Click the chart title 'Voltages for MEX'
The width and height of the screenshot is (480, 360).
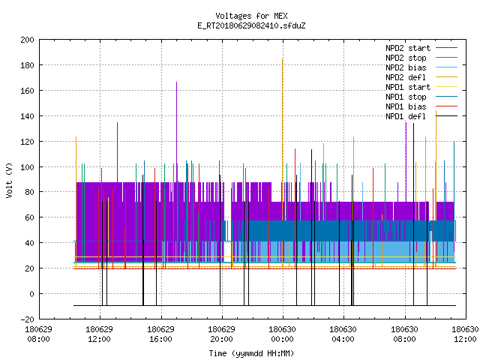point(251,16)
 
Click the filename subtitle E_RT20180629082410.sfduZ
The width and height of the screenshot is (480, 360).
point(251,25)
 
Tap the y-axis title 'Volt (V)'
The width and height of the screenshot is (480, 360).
point(9,180)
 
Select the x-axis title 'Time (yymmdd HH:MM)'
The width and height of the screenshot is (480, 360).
point(251,353)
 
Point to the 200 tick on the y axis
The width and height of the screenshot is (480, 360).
point(27,40)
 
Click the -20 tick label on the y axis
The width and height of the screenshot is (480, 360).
point(27,319)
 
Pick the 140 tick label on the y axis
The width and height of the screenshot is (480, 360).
point(27,116)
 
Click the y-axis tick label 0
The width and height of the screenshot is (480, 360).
point(31,294)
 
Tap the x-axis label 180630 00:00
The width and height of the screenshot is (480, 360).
point(282,334)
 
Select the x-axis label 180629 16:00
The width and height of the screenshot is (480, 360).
point(160,334)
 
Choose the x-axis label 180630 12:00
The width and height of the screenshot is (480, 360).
point(465,334)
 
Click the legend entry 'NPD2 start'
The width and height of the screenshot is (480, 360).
point(421,48)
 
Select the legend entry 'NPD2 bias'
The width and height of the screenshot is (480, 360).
point(421,67)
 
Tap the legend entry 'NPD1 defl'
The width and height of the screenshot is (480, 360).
point(421,116)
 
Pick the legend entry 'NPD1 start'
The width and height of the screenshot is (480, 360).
point(421,87)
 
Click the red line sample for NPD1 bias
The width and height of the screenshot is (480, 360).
point(447,106)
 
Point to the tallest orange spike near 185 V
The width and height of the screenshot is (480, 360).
point(282,159)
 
